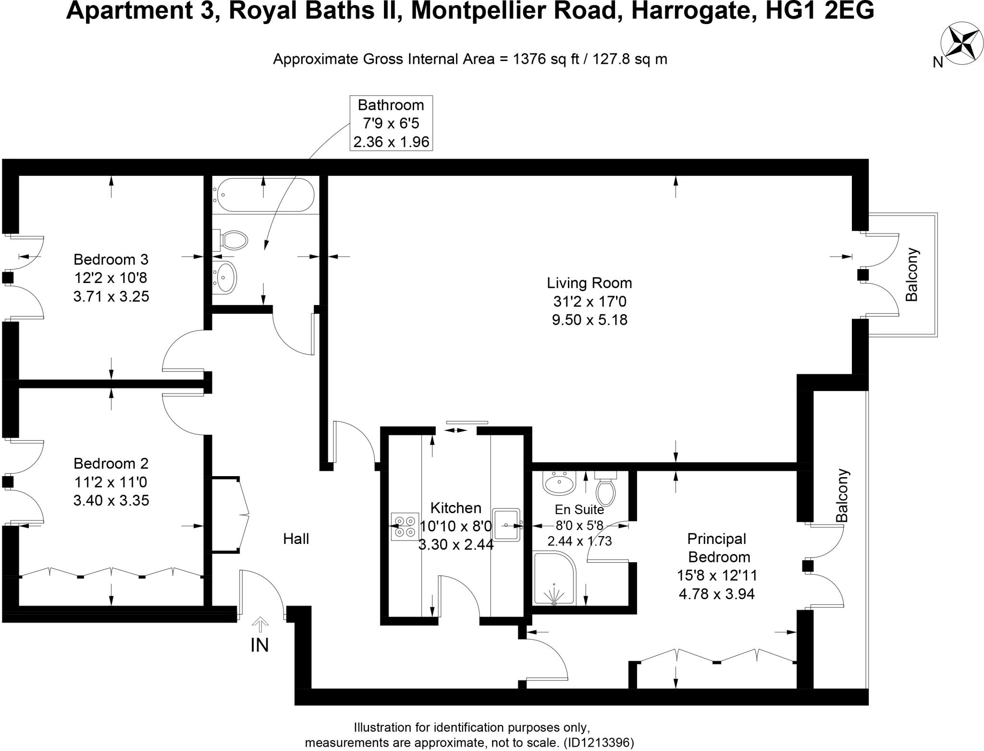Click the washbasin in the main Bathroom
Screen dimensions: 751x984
[x=224, y=277]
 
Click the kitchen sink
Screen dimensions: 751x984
[x=506, y=525]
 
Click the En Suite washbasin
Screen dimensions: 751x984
[x=559, y=482]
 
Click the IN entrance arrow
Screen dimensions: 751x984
[x=260, y=625]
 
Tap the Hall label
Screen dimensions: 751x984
[x=295, y=539]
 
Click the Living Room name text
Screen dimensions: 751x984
[x=589, y=283]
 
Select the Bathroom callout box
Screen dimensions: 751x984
[x=391, y=123]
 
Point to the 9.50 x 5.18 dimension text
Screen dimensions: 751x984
[x=589, y=320]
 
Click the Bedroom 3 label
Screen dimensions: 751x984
[x=111, y=259]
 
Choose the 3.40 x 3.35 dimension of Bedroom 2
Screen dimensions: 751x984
[x=111, y=500]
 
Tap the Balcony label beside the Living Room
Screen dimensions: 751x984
[x=911, y=274]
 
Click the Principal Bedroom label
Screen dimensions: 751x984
[x=718, y=547]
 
